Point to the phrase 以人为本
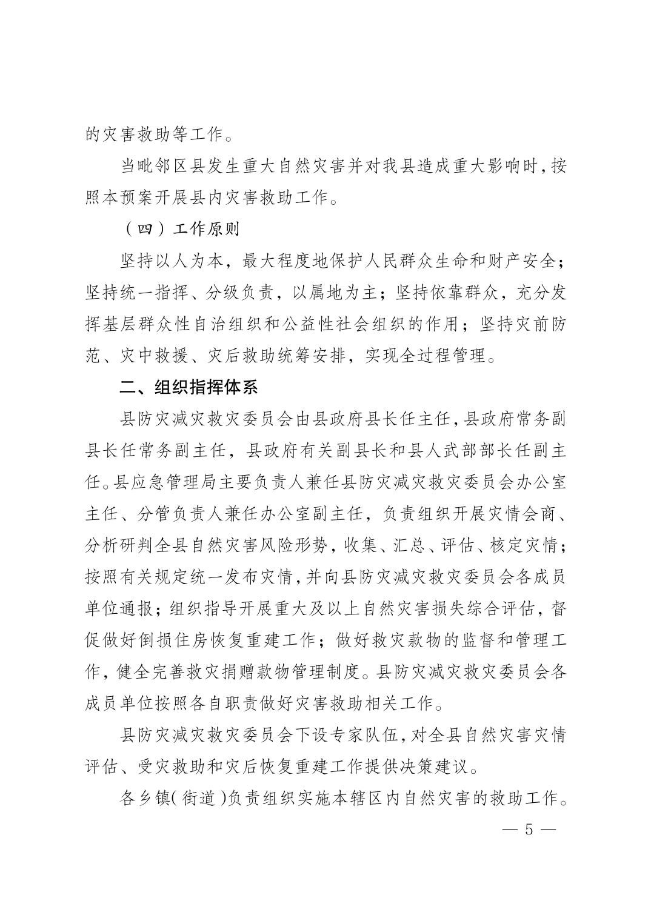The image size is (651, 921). click(x=195, y=261)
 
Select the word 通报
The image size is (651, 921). click(x=138, y=608)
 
